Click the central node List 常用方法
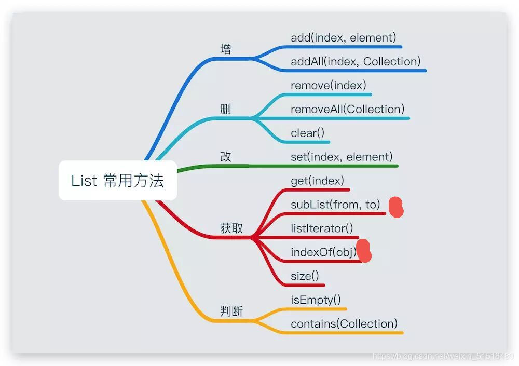[118, 181]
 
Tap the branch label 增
[226, 49]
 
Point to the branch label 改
[226, 157]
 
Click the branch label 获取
[231, 228]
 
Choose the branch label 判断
[231, 311]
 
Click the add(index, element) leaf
[343, 37]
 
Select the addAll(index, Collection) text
[356, 61]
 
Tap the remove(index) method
[328, 85]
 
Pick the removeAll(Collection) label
[347, 109]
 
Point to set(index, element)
[342, 157]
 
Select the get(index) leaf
[317, 181]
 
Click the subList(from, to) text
[335, 205]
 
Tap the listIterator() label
[322, 228]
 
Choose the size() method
[305, 276]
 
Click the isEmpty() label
[316, 300]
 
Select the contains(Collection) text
[344, 324]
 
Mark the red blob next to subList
[396, 207]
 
